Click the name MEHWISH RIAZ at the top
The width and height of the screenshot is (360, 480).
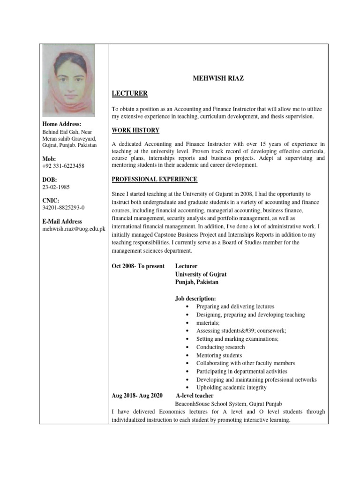(x=218, y=79)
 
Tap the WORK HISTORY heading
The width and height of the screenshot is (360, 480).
(x=135, y=130)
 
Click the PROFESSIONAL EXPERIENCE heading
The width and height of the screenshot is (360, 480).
(x=155, y=180)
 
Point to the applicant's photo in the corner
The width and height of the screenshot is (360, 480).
(x=68, y=80)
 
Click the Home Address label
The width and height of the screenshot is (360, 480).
(x=62, y=124)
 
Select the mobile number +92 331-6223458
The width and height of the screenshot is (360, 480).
(x=63, y=166)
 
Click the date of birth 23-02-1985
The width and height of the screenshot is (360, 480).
(x=56, y=187)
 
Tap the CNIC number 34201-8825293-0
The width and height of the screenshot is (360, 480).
(x=64, y=207)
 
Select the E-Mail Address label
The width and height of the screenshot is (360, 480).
(x=62, y=221)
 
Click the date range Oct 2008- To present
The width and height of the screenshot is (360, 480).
(x=138, y=266)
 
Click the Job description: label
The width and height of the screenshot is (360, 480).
(x=195, y=298)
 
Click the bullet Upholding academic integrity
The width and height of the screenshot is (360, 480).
(x=231, y=387)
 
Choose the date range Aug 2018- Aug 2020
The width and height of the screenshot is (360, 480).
(x=137, y=396)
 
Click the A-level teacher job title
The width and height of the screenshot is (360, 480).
(x=195, y=396)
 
